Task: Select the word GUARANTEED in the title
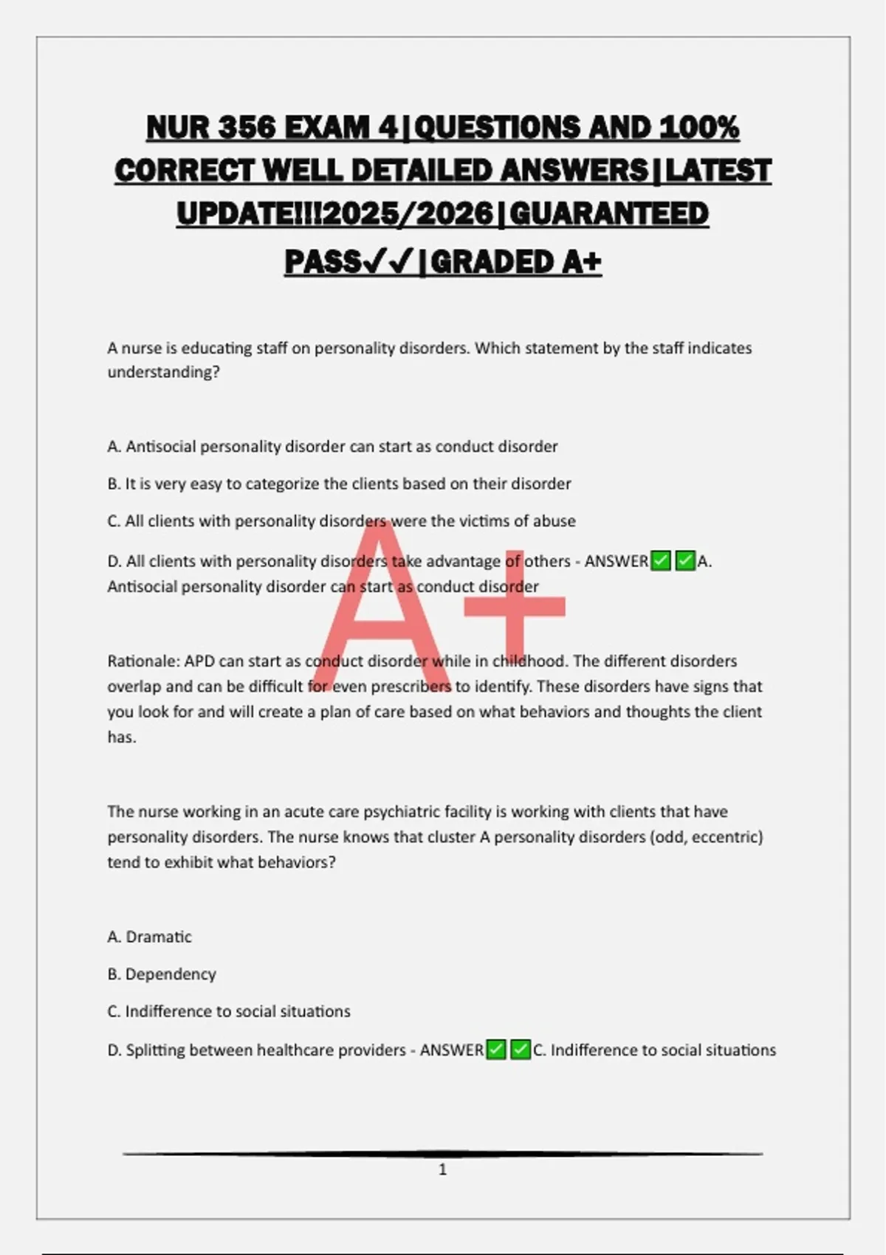(x=609, y=214)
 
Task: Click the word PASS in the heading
(x=323, y=261)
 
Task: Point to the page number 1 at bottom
(x=442, y=1169)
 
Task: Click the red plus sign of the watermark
(x=515, y=607)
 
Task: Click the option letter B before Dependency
(x=113, y=974)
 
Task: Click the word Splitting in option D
(x=155, y=1050)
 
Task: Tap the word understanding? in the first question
(x=164, y=372)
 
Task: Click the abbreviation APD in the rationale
(x=199, y=661)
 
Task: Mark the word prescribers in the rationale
(x=411, y=687)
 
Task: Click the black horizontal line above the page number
(x=442, y=1153)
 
